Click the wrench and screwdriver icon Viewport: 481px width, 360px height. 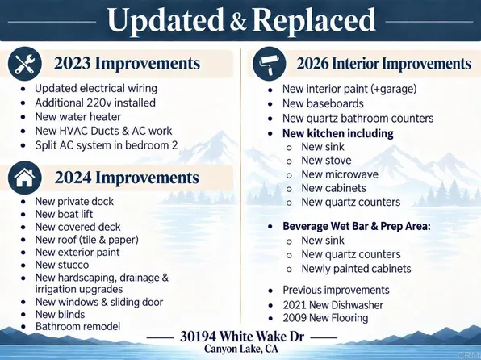(24, 64)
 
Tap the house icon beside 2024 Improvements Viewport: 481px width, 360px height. (24, 178)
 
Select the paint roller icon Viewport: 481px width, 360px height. (269, 64)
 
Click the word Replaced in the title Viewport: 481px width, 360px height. (313, 20)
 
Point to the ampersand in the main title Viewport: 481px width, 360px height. (237, 22)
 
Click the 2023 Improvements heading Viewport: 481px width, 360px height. (128, 63)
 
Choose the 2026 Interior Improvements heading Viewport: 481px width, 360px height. (384, 64)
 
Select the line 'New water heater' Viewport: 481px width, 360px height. (78, 117)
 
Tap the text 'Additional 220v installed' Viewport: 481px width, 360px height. (95, 103)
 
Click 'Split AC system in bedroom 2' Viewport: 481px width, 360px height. (107, 145)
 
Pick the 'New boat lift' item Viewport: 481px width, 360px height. (64, 214)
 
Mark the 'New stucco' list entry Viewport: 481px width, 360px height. (62, 265)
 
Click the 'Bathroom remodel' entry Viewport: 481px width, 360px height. (78, 326)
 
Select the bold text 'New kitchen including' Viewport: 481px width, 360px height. (338, 133)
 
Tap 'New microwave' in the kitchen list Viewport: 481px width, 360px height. (340, 174)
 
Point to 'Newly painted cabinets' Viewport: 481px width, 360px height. (356, 269)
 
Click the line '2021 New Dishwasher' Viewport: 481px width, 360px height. (333, 305)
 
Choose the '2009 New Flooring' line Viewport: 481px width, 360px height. (325, 318)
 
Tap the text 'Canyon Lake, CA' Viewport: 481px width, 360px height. (241, 349)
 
